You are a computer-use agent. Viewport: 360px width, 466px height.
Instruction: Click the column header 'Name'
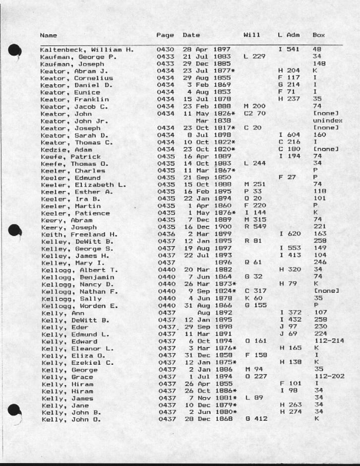pos(48,36)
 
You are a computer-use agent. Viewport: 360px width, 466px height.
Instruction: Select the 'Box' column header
pos(319,36)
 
